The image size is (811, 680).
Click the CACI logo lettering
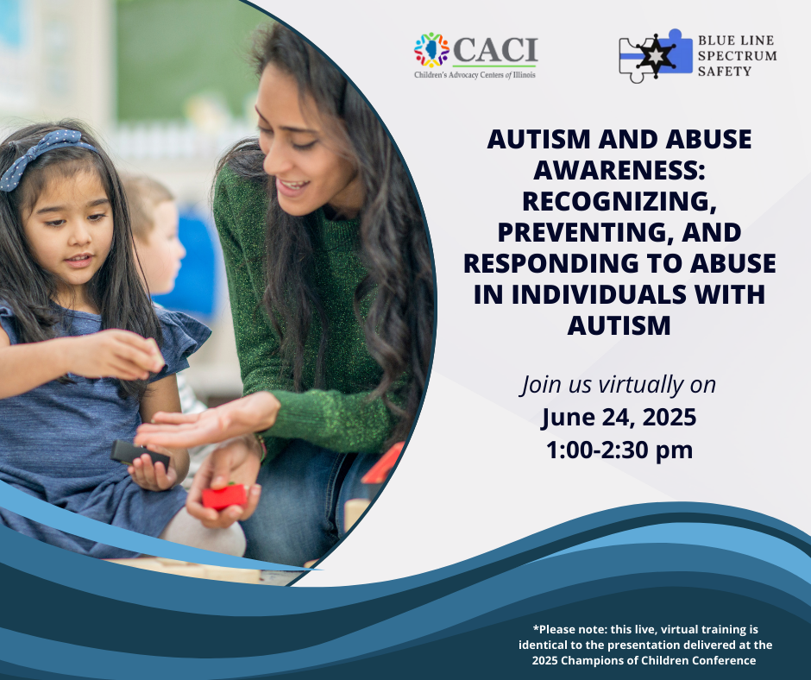point(495,50)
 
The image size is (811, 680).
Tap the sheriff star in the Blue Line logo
point(656,55)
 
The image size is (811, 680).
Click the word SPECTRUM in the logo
point(737,56)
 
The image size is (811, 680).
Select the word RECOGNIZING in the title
point(619,201)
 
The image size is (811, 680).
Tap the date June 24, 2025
point(619,418)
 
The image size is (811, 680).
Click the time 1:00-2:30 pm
point(619,450)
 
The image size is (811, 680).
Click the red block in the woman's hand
point(224,496)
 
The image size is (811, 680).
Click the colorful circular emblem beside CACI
point(431,50)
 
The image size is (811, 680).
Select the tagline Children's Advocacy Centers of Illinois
point(475,75)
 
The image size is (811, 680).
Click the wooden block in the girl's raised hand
point(153,353)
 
